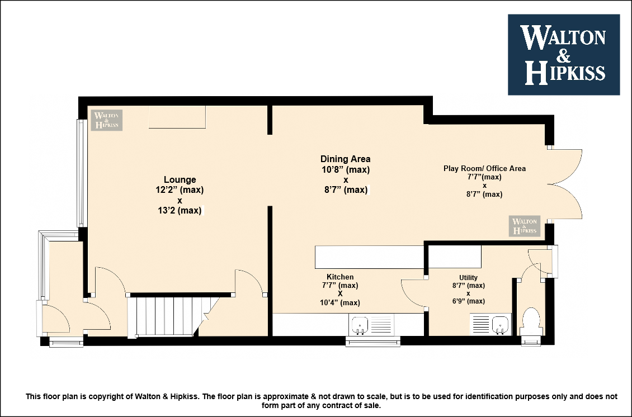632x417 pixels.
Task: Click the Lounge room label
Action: coord(180,179)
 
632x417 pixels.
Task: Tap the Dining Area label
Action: coord(346,159)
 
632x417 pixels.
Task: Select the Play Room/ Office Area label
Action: coord(484,168)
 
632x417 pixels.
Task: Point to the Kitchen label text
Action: coord(340,277)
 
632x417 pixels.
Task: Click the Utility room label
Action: coord(468,278)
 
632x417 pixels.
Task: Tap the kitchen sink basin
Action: coord(360,324)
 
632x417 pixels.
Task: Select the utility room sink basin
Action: coord(500,324)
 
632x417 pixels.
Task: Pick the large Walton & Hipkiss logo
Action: coord(563,55)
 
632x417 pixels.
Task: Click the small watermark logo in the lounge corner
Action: coord(106,120)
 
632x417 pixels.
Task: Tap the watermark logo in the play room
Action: coord(525,226)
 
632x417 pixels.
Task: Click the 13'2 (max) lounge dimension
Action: coord(180,210)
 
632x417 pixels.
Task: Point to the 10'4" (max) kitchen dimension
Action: coord(340,302)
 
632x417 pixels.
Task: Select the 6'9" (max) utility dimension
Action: coord(468,301)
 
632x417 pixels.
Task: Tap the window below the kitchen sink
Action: coord(373,342)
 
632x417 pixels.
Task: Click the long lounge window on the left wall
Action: coord(81,173)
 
